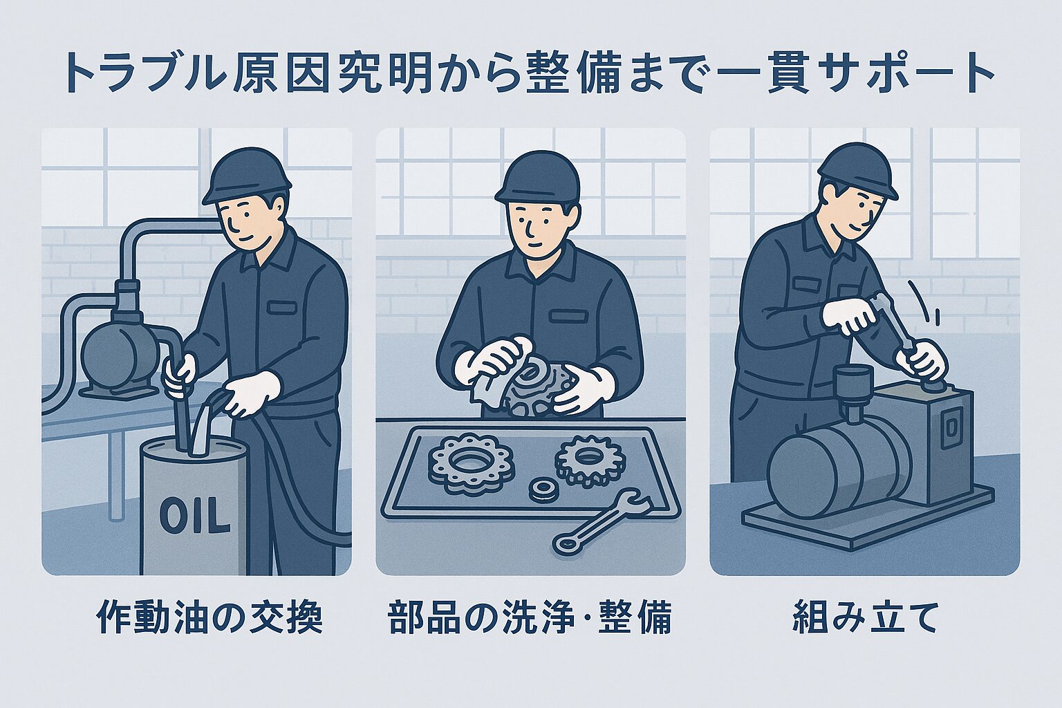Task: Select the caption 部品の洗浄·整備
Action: (x=530, y=617)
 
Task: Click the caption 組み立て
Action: (x=865, y=617)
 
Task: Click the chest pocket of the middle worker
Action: (x=568, y=316)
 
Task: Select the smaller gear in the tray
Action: (x=590, y=457)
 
